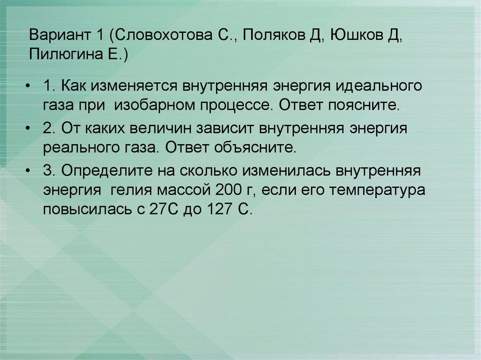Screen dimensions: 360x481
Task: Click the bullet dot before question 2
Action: coord(29,129)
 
